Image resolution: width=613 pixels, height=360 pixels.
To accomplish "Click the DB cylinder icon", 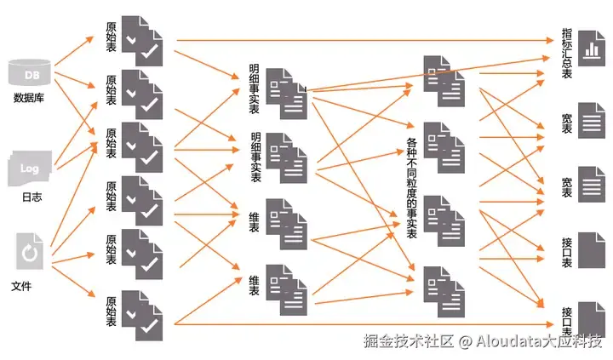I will (31, 73).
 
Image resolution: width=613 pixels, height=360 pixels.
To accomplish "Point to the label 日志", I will (31, 197).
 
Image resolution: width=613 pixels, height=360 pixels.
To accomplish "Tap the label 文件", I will (22, 286).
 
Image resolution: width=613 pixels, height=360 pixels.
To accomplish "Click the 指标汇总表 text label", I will (567, 54).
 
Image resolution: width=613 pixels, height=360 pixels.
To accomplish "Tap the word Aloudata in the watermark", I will (509, 341).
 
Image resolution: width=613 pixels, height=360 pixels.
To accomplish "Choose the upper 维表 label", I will (255, 212).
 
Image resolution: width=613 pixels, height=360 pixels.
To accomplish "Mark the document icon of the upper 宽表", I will (591, 121).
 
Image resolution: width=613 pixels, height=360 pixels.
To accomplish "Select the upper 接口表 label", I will (567, 247).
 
